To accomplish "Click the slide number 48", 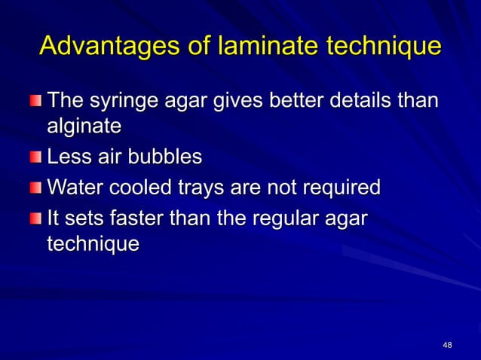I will pos(448,345).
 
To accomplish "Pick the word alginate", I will pos(84,127).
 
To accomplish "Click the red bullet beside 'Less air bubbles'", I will pos(37,157).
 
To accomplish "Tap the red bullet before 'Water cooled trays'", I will pos(37,186).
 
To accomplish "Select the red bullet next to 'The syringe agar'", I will pos(37,100).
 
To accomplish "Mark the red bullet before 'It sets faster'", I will pos(37,218).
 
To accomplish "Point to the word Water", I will pos(74,186).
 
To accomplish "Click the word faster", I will pos(141,218).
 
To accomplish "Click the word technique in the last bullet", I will pos(93,245).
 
